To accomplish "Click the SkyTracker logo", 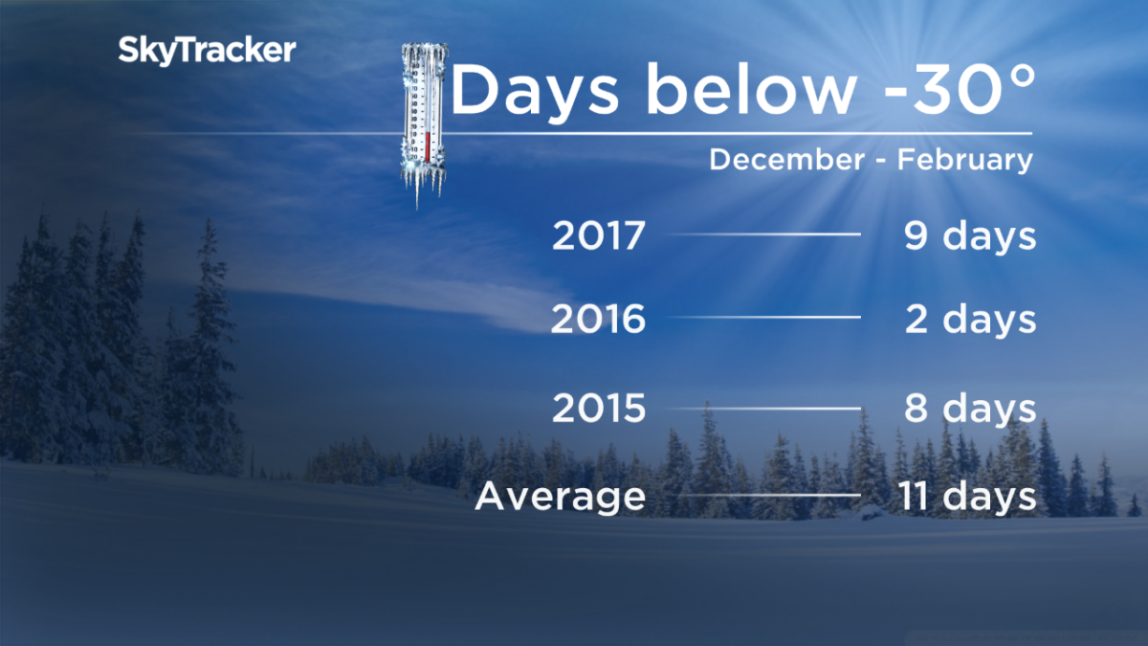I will [207, 51].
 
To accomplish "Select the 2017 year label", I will [599, 236].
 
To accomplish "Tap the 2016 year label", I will [599, 320].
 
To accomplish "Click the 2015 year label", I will [599, 410].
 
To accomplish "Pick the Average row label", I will [561, 497].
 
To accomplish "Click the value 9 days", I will [970, 236].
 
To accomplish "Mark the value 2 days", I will [970, 320].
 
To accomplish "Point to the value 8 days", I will [970, 410].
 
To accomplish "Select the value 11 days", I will [966, 497].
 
